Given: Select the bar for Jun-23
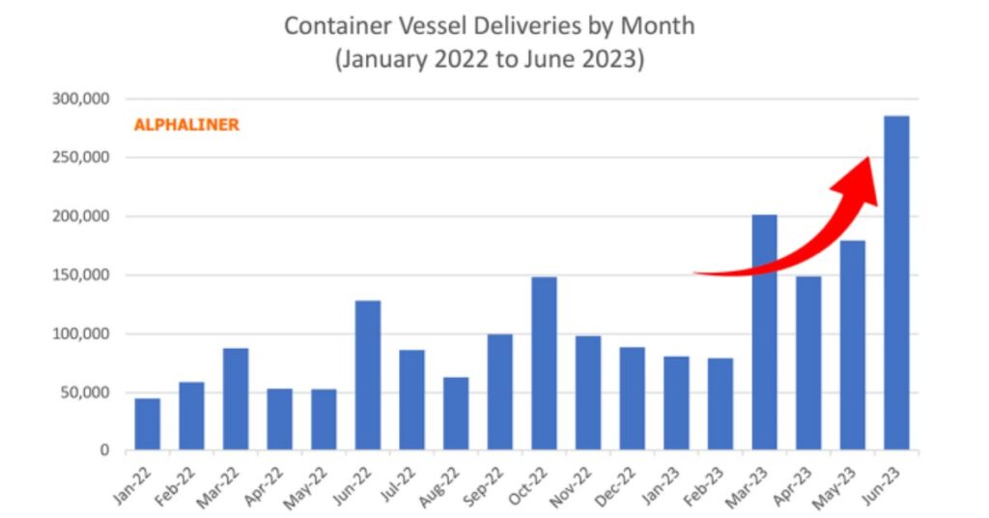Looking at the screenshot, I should (896, 283).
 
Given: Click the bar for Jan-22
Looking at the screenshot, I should (148, 424).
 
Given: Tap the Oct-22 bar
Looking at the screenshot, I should (544, 363).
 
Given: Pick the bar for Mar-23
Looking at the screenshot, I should (764, 332).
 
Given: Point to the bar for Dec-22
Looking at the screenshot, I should (632, 398).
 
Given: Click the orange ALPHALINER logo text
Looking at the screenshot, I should (186, 126).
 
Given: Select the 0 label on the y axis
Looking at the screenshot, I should (105, 450).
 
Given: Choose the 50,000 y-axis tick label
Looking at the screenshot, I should (84, 392).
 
